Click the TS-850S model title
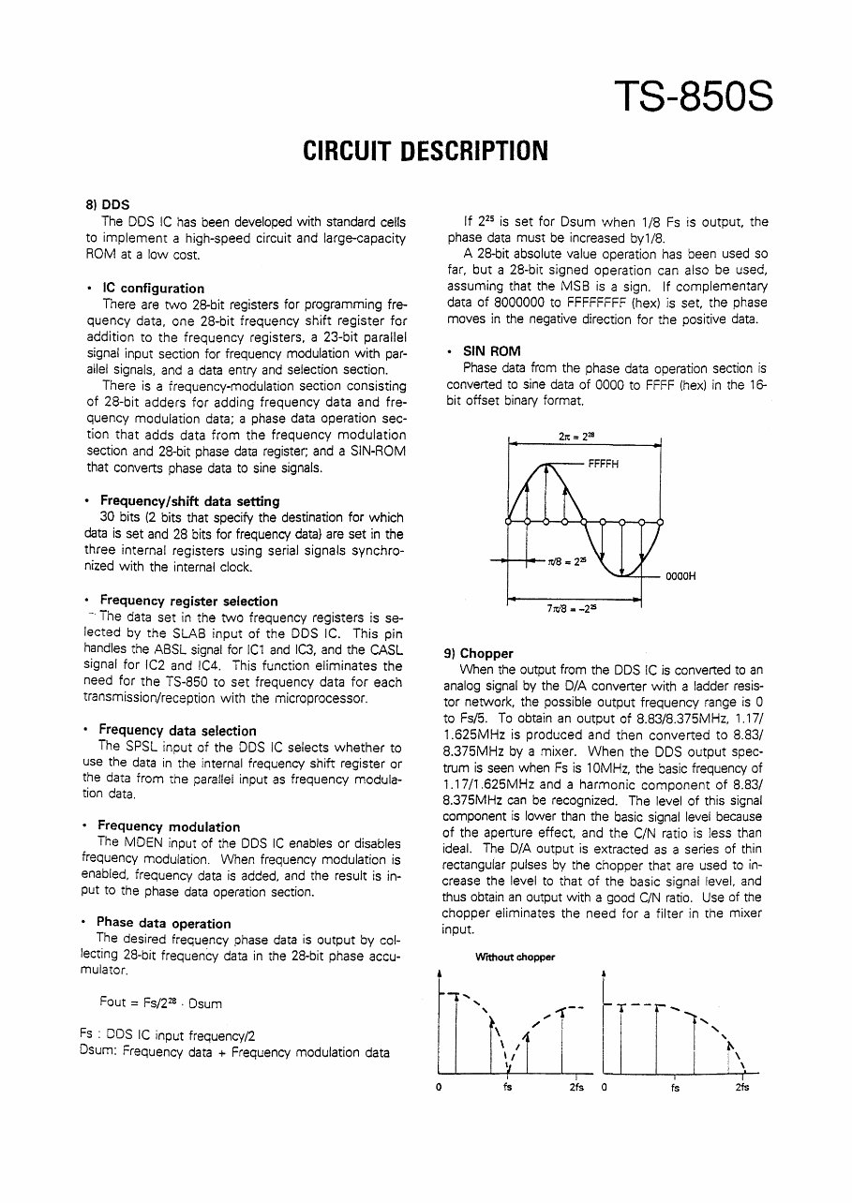coord(695,97)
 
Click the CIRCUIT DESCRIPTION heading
coord(425,152)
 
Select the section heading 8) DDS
coord(108,204)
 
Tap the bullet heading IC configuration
coord(153,288)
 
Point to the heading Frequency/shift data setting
coord(188,501)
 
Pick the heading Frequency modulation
coord(169,826)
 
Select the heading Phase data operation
coord(163,924)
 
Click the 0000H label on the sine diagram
coord(680,576)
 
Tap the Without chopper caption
coord(515,957)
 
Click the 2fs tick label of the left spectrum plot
coord(575,1088)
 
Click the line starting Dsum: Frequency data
coord(234,1053)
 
